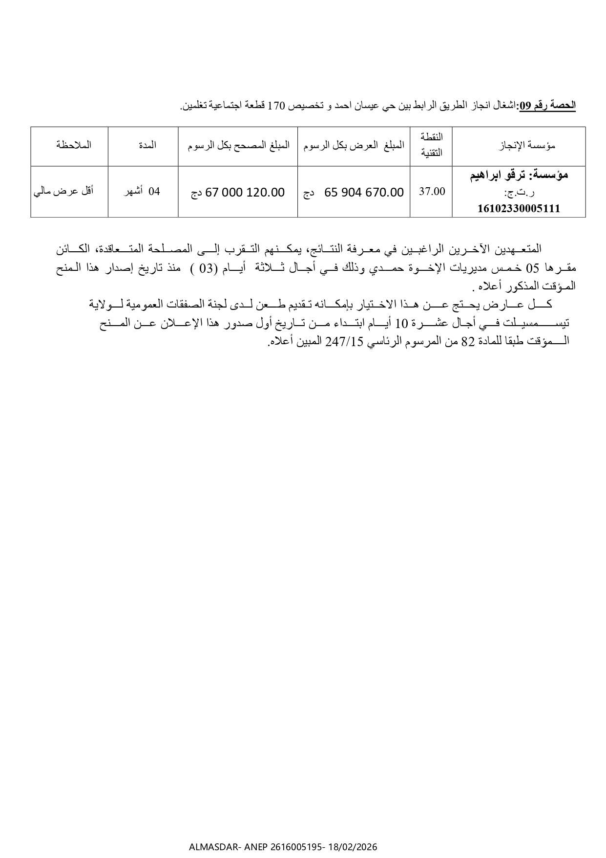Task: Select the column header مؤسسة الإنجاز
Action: [528, 145]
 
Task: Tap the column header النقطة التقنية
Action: [431, 145]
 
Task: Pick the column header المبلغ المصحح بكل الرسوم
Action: [238, 145]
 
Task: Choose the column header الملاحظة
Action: [74, 145]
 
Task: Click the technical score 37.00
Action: [432, 192]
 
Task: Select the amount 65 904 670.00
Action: [364, 193]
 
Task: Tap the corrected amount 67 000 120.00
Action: [245, 193]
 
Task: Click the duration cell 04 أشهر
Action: [142, 192]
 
